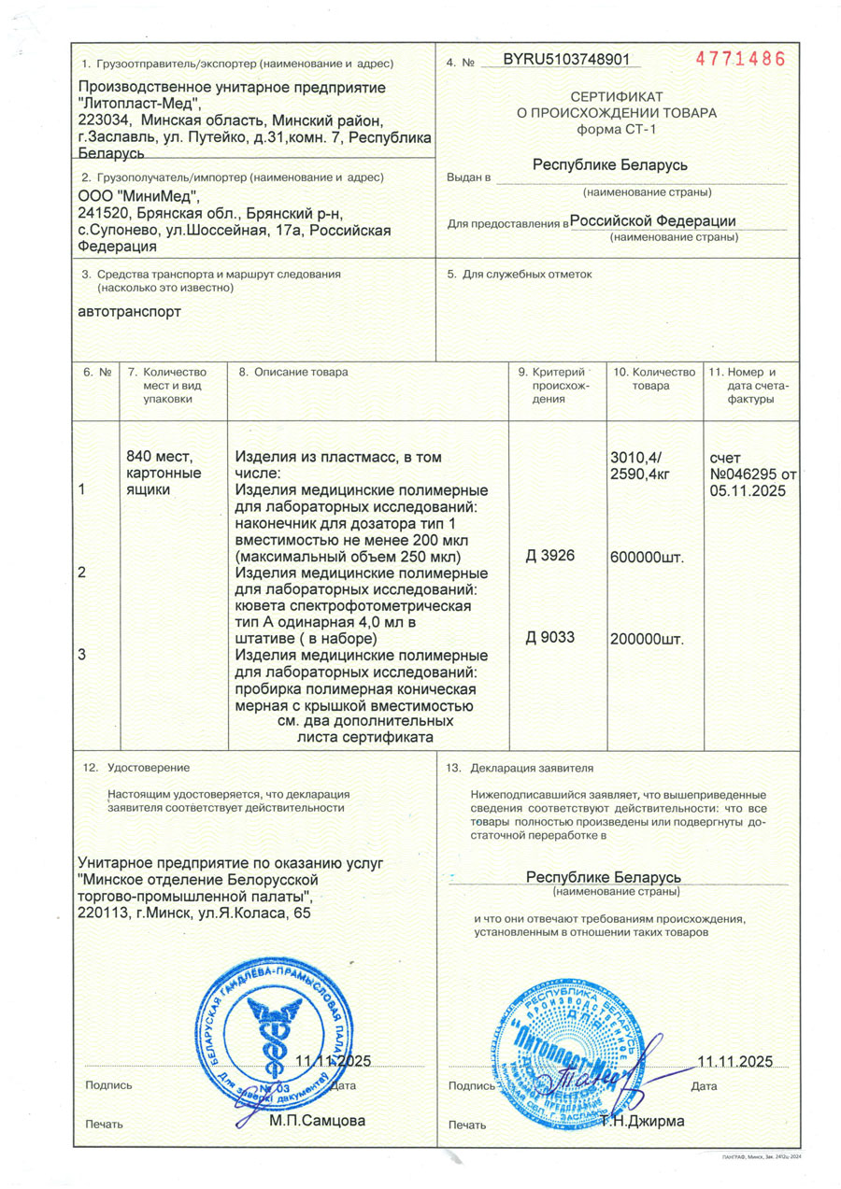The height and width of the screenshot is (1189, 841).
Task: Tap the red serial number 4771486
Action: pos(740,59)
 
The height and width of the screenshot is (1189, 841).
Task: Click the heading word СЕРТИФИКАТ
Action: pos(617,97)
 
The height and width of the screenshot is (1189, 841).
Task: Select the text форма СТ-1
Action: pos(617,129)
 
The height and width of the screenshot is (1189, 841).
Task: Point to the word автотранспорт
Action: pos(130,311)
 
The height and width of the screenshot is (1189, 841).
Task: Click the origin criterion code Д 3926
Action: pos(549,556)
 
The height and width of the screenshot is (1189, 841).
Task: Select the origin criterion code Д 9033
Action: pos(549,638)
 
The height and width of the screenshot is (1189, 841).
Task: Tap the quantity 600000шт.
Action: pos(647,558)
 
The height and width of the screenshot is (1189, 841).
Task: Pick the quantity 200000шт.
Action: pos(647,640)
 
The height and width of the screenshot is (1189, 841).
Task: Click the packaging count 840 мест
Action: pos(158,457)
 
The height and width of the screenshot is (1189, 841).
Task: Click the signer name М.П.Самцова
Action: pos(317,1119)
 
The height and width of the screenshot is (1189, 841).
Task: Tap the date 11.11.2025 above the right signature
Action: pos(735,1061)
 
